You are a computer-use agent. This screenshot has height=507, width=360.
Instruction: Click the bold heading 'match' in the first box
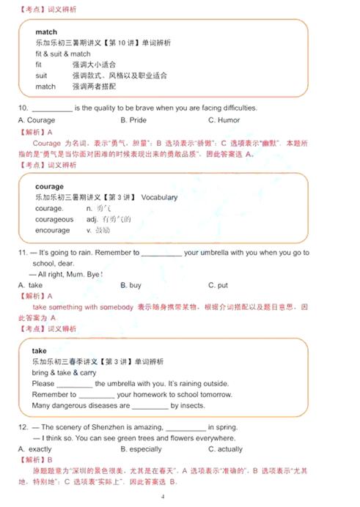coord(45,32)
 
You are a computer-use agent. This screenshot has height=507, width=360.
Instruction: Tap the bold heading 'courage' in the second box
coord(49,187)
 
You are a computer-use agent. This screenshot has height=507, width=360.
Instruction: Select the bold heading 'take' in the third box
coord(41,351)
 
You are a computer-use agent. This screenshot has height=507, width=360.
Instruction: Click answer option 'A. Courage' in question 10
coord(36,120)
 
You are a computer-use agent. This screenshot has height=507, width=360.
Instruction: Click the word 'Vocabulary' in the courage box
coord(159,198)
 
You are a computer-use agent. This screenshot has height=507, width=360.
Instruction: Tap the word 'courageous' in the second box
coord(54,219)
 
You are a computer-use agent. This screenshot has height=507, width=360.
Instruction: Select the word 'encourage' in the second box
coord(52,230)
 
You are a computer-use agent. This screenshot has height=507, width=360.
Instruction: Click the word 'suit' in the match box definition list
coord(41,75)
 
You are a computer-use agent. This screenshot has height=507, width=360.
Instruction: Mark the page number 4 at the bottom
coord(163,497)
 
